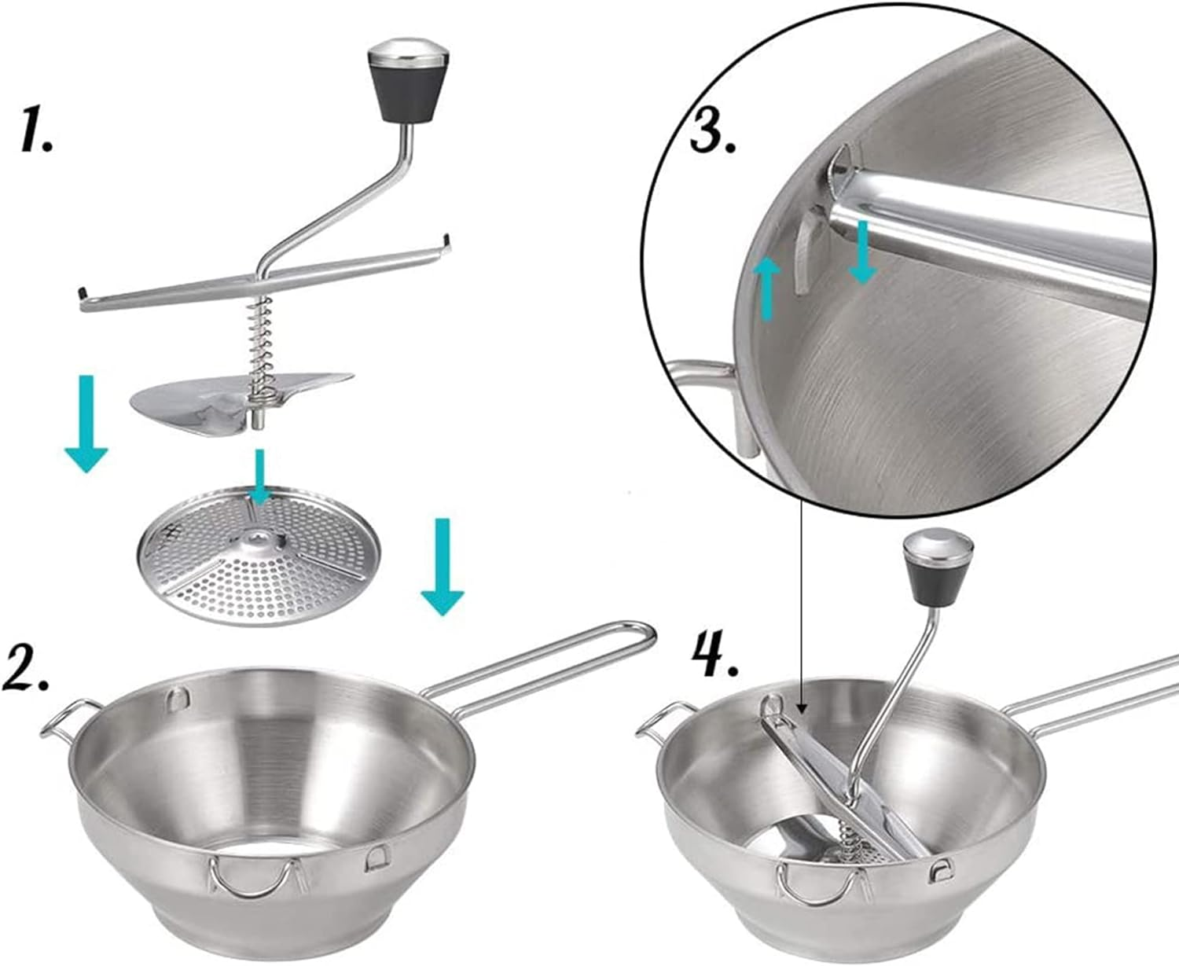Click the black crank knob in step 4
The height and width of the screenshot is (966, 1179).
pos(938,569)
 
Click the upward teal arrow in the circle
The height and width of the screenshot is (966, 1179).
pos(768,290)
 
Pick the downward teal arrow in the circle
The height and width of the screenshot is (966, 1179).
pos(862,252)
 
